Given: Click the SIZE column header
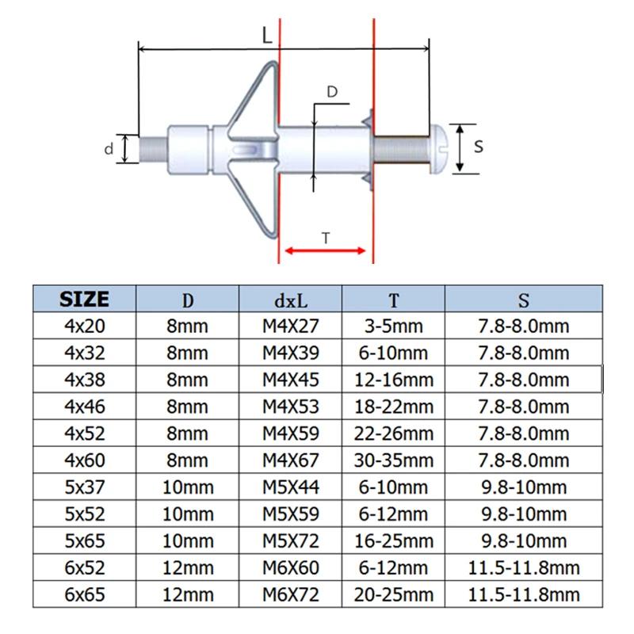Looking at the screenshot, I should pos(84,299).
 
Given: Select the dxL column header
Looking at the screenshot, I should pos(291,300).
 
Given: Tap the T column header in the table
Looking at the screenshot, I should pos(393,300).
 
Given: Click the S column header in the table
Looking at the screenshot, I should pos(523,300).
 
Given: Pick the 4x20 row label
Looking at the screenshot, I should pos(84,326).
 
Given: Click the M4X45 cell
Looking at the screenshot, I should pos(291,380).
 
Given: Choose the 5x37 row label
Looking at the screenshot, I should pos(84,487).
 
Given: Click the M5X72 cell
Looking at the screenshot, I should pos(291,540).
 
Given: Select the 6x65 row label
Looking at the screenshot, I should pos(84,594).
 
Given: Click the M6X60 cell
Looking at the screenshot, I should pos(291,567).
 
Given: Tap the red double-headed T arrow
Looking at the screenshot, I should pos(326,250).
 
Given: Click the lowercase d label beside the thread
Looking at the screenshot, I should pos(109,148).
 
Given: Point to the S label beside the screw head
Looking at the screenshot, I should pos(478,147).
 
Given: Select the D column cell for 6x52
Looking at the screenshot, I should pos(188,567).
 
